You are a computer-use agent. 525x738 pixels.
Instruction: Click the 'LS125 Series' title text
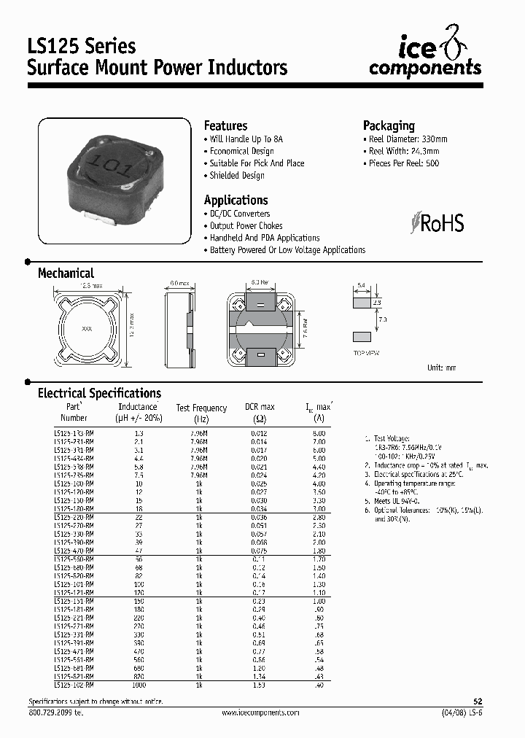click(82, 46)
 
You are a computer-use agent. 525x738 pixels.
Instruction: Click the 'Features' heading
click(225, 125)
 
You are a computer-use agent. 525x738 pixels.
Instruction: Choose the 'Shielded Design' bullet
click(236, 176)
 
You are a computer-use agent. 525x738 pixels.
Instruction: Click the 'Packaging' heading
click(389, 125)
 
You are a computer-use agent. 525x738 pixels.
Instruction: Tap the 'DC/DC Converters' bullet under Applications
click(239, 214)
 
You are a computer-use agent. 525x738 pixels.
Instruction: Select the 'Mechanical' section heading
click(66, 273)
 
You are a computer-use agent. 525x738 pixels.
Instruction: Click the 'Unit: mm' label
click(441, 368)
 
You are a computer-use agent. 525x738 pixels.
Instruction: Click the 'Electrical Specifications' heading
click(99, 393)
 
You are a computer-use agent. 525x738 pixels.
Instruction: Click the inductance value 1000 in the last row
click(138, 685)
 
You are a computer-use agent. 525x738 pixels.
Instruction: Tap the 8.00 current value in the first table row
click(319, 432)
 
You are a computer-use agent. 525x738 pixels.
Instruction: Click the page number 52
click(478, 701)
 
